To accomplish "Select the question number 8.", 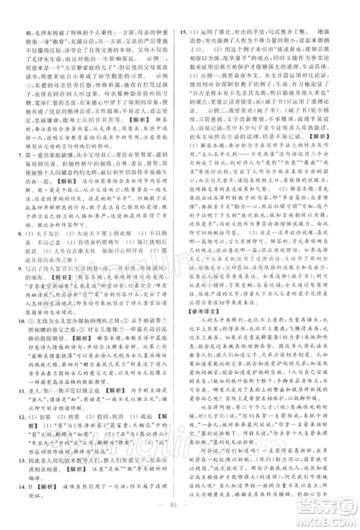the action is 24,238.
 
